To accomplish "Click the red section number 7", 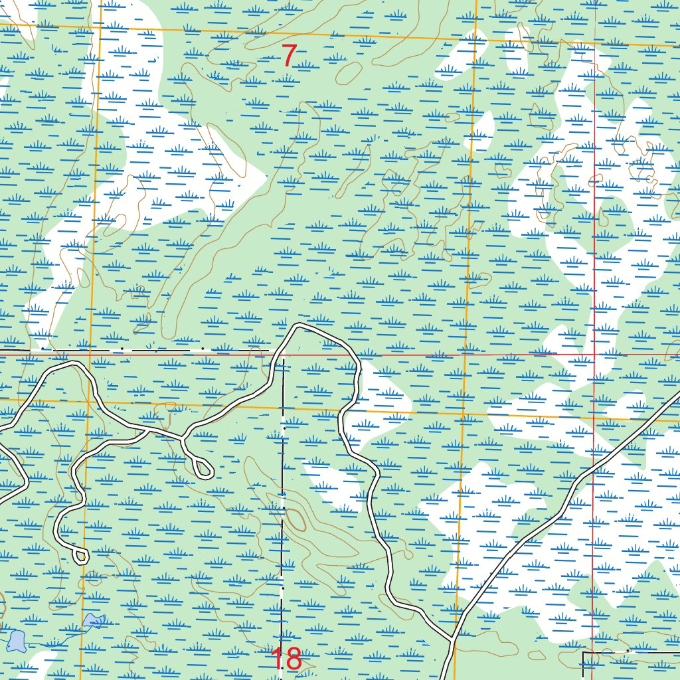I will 289,56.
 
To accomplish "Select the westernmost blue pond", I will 16,641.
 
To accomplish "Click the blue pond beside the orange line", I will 93,622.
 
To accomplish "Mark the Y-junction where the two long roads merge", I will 453,640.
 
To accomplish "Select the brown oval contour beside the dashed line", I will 296,519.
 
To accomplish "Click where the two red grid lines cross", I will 593,353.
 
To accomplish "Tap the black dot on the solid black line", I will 628,651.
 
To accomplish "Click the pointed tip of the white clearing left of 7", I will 266,176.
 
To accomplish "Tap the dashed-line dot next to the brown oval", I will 283,508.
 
